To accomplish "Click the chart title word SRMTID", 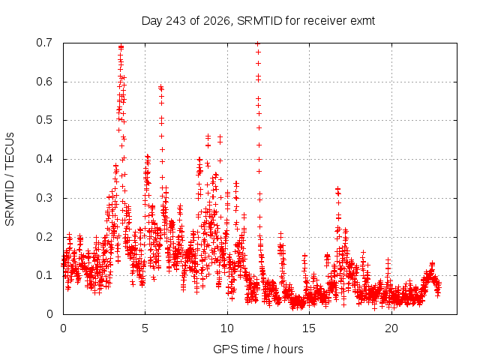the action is pos(259,21).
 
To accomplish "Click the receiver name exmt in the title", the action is pos(362,21).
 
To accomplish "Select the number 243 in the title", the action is pos(175,21).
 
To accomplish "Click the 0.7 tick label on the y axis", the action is pos(44,43).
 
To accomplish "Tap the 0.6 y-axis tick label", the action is pos(44,82).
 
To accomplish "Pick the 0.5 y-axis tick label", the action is pos(44,120).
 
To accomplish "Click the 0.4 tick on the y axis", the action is pos(44,159).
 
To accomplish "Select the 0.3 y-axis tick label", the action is pos(44,198).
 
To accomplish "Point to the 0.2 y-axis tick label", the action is pos(44,237).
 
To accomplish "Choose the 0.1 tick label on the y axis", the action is pos(44,275).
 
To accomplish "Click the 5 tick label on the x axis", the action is pos(145,328).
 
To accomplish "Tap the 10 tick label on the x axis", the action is pos(226,328).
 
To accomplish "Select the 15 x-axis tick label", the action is pos(309,328).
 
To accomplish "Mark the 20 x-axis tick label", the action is pos(391,328).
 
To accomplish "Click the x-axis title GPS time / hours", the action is pos(258,349).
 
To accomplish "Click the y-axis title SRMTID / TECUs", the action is pos(10,179).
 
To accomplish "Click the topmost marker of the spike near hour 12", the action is pos(258,44).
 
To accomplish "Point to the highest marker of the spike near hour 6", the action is pos(160,87).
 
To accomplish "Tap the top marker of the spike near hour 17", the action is pos(337,188).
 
